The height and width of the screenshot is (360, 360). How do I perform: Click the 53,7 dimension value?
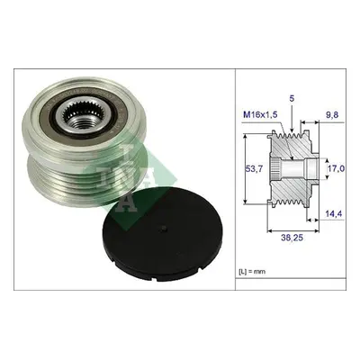[254, 169]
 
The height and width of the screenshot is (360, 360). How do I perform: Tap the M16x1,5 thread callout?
[260, 114]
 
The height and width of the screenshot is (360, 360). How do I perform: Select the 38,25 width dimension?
[292, 238]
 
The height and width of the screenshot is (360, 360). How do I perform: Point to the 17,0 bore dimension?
[336, 169]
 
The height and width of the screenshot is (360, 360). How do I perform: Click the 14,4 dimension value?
[334, 214]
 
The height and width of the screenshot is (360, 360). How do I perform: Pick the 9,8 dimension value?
[332, 114]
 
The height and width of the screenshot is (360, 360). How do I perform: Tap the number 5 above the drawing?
[292, 99]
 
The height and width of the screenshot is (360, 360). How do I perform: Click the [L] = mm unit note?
[252, 272]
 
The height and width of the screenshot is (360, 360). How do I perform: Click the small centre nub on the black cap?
[163, 229]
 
